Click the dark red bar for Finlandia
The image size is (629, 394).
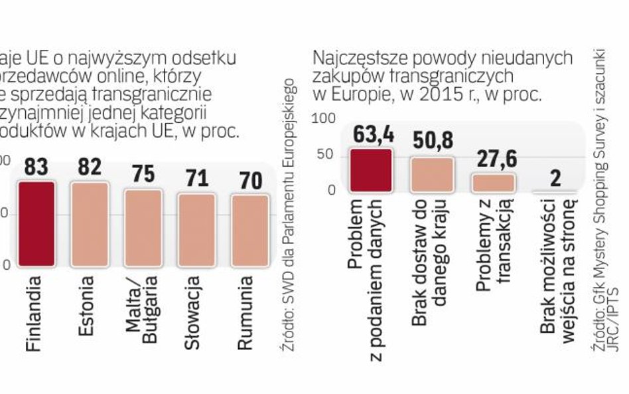click(36, 223)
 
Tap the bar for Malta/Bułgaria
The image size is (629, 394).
click(143, 227)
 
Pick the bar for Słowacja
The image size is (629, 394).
click(196, 229)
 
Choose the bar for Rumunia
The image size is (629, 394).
click(249, 229)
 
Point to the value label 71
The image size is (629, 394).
click(196, 179)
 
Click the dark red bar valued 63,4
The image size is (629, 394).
click(371, 171)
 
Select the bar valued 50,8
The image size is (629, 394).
click(431, 175)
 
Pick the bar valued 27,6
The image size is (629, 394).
click(493, 183)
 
